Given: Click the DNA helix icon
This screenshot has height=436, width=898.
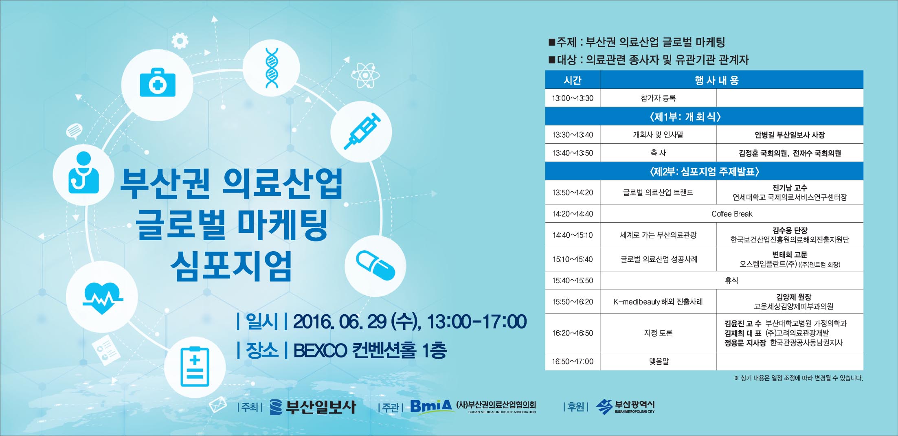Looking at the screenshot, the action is click(x=272, y=68).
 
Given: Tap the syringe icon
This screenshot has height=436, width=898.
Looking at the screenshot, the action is click(x=362, y=131).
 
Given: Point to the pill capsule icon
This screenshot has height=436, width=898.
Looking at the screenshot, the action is click(x=375, y=265).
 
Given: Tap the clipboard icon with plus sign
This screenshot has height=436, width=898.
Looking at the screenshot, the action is click(x=195, y=366).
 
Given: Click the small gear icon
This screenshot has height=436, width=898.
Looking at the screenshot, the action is click(x=180, y=41).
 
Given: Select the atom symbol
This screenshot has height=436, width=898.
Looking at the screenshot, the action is click(x=365, y=75).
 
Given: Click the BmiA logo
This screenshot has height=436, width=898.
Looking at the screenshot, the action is click(x=431, y=406).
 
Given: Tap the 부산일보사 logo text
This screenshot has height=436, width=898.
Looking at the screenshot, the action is click(x=321, y=407).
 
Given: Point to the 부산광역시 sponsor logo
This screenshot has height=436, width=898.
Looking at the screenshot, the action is click(x=625, y=406).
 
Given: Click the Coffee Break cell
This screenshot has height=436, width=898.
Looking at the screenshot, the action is click(x=732, y=214).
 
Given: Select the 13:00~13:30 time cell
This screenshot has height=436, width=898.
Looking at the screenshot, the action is click(x=573, y=98).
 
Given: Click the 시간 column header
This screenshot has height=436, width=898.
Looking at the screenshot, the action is click(x=573, y=80).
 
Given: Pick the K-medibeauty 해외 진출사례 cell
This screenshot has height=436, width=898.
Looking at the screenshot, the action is click(x=658, y=302).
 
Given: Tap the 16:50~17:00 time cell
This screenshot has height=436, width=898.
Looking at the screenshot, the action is click(x=573, y=361).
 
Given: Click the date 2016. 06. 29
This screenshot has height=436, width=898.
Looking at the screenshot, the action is click(x=340, y=322).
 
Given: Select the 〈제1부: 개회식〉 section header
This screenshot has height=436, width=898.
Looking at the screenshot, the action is click(x=704, y=116).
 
